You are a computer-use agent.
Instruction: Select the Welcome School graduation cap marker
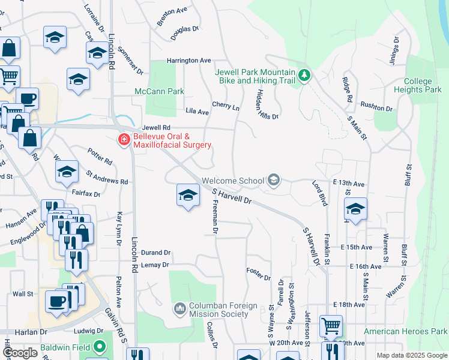[x=274, y=181]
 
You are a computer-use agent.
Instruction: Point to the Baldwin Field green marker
[x=100, y=347]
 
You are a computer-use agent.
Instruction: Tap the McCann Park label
[x=159, y=92]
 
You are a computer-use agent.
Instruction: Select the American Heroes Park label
[x=406, y=331]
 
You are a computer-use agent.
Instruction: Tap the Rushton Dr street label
[x=376, y=109]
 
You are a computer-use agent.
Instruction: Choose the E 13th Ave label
[x=348, y=183]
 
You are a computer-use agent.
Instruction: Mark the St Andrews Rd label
[x=107, y=178]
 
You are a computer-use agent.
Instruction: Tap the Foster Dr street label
[x=259, y=275]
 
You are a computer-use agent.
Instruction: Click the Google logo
[x=20, y=353]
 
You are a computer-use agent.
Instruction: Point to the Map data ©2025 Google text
[x=412, y=355]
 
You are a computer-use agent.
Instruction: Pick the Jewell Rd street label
[x=157, y=128]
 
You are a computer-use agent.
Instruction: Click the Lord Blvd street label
[x=319, y=192]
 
